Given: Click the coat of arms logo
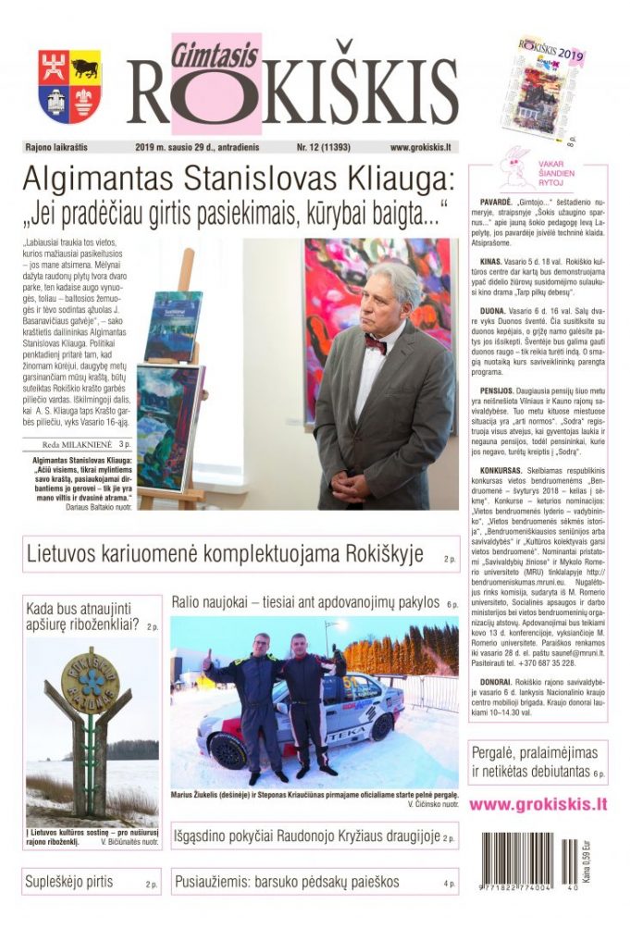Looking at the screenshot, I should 70,87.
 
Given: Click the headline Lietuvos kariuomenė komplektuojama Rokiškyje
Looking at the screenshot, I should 225,555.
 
